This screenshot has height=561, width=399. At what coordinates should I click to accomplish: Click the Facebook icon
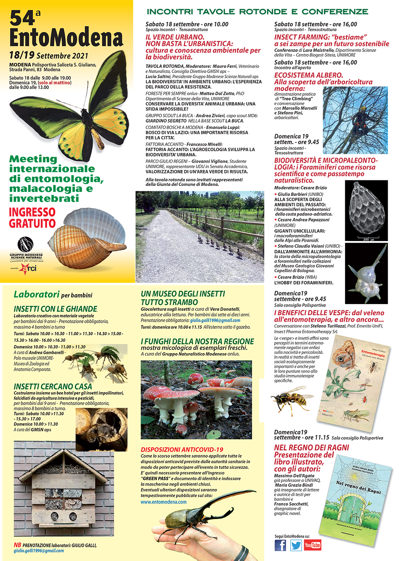(x=280, y=545)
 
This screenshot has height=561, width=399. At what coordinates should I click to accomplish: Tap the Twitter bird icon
(x=296, y=545)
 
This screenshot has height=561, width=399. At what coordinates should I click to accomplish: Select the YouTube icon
(x=312, y=545)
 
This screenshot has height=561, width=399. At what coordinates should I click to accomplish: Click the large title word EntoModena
(x=66, y=38)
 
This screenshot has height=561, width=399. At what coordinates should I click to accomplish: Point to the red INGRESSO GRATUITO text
(x=32, y=218)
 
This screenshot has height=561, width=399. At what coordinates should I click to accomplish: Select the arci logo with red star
(x=28, y=269)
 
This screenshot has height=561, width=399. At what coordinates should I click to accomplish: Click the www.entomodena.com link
(x=164, y=502)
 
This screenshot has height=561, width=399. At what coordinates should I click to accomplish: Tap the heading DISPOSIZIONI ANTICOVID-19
(x=182, y=450)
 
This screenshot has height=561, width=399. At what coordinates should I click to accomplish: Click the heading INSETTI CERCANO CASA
(x=53, y=387)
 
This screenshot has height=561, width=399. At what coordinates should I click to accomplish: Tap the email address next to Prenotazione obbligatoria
(x=215, y=320)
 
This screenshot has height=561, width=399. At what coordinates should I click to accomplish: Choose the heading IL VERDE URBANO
(x=175, y=37)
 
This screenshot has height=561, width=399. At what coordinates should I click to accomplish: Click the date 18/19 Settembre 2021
(x=49, y=55)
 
